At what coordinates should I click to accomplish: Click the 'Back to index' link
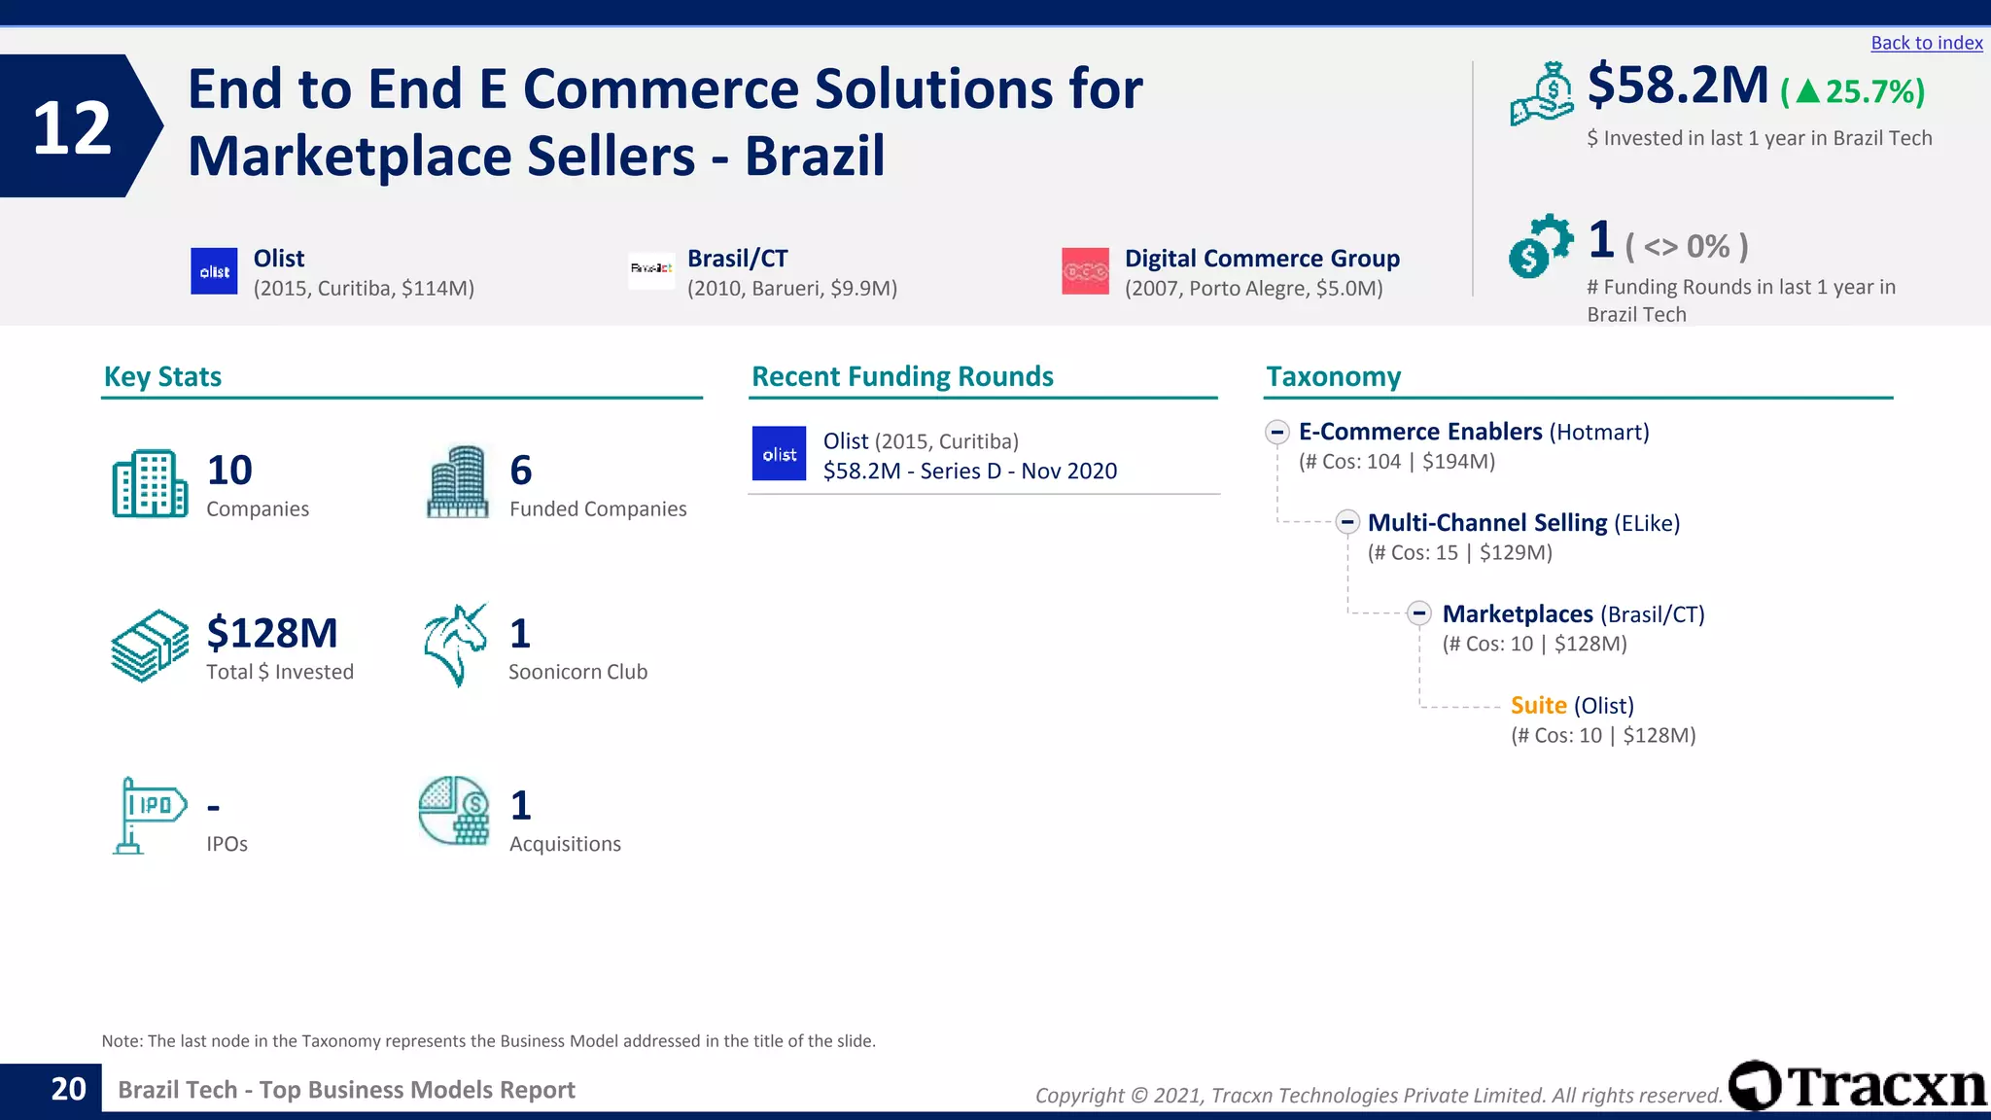1926,43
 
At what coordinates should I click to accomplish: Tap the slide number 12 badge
73,127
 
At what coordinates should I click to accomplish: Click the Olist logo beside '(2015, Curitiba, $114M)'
214,271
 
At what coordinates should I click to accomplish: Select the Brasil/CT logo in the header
651,268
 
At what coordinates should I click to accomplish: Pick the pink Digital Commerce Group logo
1085,271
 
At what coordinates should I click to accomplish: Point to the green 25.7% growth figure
1853,91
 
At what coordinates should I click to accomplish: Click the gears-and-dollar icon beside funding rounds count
1539,245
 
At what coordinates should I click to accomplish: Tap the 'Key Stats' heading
162,376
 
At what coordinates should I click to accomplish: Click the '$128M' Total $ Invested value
272,633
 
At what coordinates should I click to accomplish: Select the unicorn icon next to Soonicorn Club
455,645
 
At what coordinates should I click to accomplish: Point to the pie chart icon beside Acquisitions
454,811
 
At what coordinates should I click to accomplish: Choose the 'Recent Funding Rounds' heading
902,376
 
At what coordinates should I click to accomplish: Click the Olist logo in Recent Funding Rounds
779,454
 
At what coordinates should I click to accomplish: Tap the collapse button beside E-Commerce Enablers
1277,432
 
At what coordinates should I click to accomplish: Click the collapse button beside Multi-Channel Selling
1346,522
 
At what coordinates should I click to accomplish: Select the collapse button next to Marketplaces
1419,613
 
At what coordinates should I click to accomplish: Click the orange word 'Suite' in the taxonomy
1538,705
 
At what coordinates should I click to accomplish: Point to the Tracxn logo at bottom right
1858,1086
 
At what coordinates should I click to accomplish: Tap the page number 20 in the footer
68,1089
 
